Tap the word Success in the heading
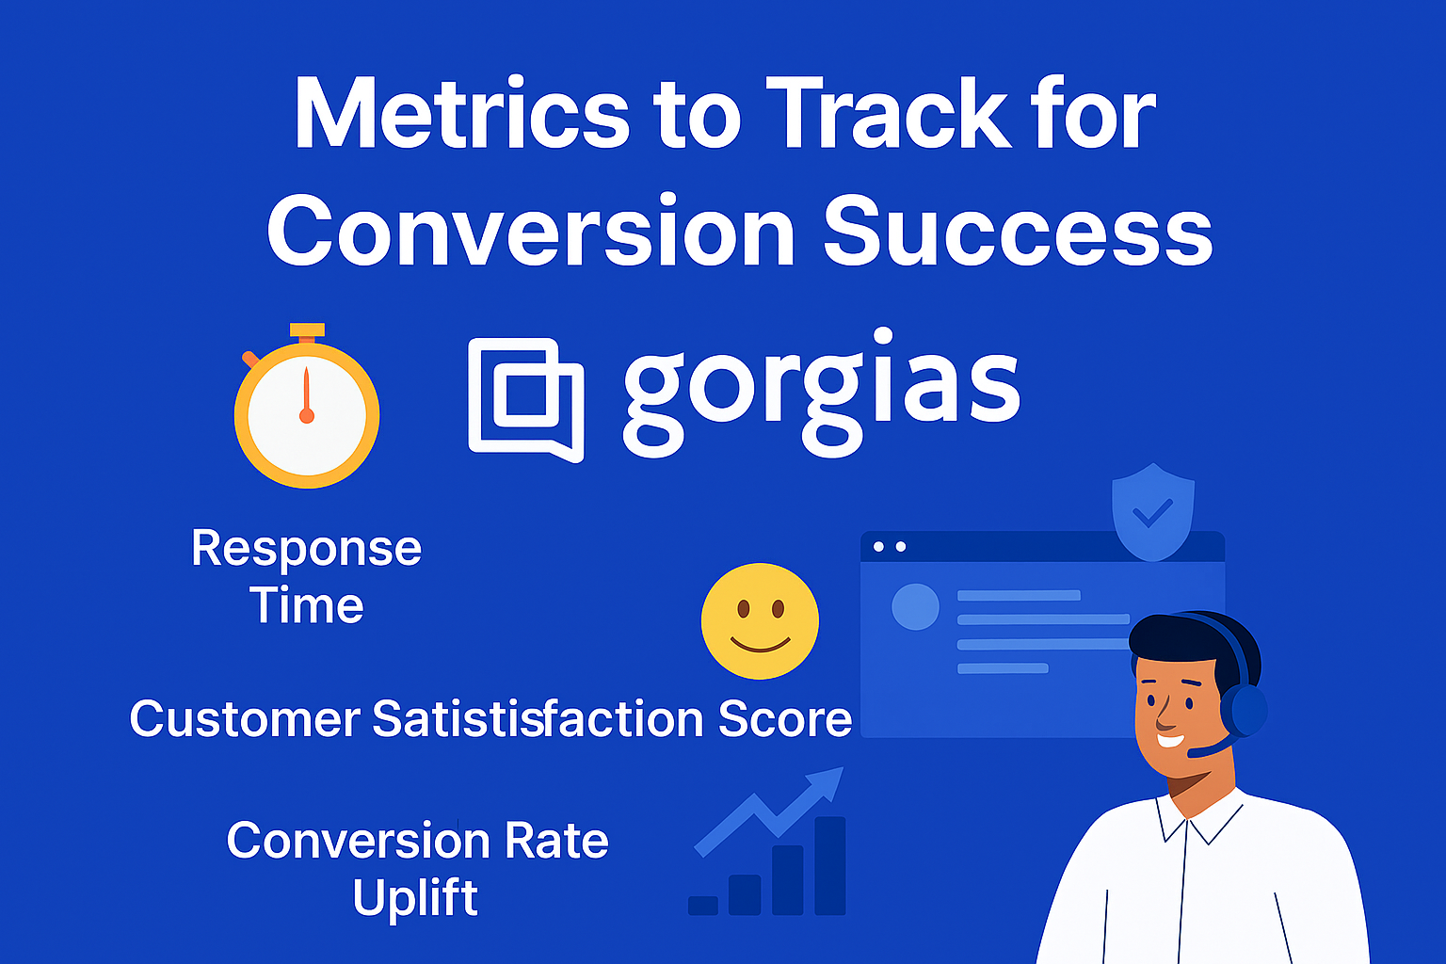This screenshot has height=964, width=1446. coord(1018,231)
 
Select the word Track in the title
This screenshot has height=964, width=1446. coord(889,114)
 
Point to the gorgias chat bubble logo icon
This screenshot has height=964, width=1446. coord(526,399)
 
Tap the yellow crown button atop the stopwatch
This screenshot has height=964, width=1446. coord(307,329)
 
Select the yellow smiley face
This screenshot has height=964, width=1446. coord(760,621)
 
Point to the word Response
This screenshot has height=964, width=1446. coord(307,550)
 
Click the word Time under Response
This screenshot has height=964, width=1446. coord(307,605)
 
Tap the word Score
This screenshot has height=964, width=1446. coord(785,718)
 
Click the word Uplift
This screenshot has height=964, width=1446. coord(415,897)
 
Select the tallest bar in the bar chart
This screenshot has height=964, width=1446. coord(830,866)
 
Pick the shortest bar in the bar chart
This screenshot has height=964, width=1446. coord(703,906)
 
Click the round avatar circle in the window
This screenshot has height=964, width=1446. coord(915,607)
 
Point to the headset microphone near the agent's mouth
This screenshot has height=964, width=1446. coord(1206,749)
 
